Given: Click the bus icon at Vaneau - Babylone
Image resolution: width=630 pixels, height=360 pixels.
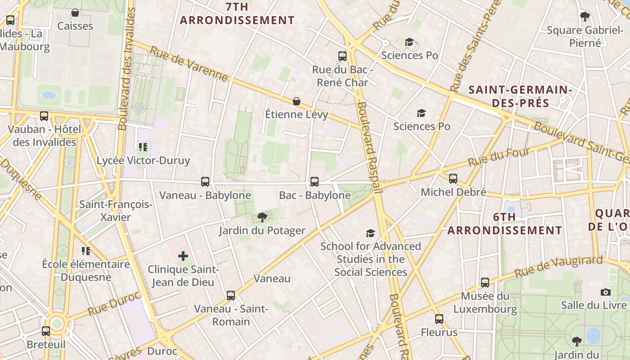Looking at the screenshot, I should coord(205,182).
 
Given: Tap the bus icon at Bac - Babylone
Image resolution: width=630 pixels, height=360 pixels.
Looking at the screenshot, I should coord(315,182).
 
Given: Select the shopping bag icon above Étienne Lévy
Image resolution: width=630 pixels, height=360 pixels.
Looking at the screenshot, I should coord(297,101).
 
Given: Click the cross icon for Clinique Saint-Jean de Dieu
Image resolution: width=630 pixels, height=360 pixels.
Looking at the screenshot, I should coord(183,256).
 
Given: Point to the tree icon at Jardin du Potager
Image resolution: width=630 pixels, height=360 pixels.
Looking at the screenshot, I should coord(262,218).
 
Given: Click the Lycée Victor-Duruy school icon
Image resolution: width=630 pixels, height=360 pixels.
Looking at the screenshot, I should coord(143,147).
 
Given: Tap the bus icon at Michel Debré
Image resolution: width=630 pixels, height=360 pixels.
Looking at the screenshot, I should coord(453,179).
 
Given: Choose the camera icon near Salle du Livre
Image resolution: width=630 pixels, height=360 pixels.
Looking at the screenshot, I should coord(606,292).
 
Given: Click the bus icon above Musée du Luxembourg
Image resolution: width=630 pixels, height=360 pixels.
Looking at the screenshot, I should coord(485,283).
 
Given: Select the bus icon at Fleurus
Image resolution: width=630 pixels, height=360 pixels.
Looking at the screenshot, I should coord(439,319).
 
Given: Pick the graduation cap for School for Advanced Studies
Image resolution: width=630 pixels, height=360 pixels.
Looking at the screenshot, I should coord(370,233).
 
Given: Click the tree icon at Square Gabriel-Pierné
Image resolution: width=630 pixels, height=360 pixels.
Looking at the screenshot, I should coord(585,17).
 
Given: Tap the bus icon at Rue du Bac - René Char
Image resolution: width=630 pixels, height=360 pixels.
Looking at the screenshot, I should coord(342,56).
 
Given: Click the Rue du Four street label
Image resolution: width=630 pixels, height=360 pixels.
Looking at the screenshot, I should coord(499,157).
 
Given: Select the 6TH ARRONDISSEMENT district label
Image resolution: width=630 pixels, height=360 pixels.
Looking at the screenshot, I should coord(504,224).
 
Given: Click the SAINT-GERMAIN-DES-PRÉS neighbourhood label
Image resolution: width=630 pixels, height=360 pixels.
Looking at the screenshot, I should coord(520,96).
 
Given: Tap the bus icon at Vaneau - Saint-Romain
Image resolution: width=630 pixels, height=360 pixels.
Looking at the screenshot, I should coord(231,296).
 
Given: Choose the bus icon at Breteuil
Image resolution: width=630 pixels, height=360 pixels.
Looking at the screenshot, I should coord(46,331).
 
